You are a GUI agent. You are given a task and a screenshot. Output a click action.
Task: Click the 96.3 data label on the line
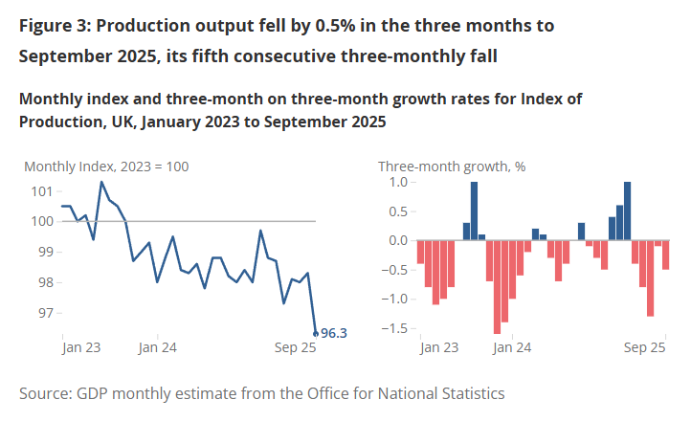[x=332, y=334]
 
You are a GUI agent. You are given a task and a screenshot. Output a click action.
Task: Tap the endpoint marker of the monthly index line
[x=316, y=334]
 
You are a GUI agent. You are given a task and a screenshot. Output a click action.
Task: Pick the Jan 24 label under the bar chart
[x=512, y=349]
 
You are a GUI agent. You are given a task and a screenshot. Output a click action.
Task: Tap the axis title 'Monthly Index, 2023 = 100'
[x=106, y=166]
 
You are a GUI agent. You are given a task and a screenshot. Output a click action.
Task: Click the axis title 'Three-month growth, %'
[x=452, y=166]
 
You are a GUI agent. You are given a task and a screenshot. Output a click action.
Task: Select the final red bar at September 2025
[x=666, y=255]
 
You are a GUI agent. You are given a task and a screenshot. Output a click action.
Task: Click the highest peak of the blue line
[x=100, y=182]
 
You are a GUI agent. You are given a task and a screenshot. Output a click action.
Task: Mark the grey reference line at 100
[x=239, y=221]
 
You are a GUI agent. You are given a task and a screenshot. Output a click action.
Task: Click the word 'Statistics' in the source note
[x=469, y=393]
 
